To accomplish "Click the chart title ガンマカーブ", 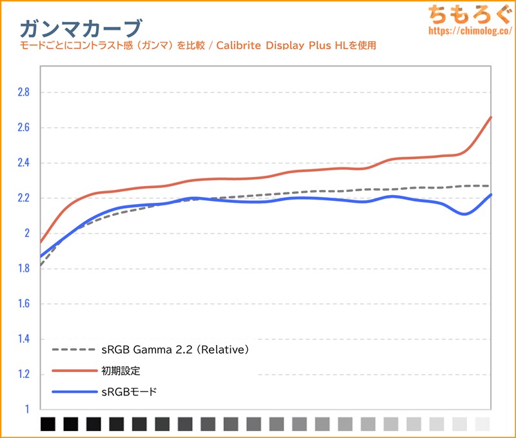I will [80, 28].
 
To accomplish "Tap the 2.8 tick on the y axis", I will [23, 92].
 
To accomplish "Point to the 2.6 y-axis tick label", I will [23, 128].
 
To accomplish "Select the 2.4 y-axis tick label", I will [23, 163].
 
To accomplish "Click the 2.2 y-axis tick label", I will [23, 198].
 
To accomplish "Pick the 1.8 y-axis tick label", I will [23, 269].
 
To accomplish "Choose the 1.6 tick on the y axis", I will [23, 304].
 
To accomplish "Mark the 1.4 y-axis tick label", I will [23, 339].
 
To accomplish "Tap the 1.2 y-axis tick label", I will [23, 374].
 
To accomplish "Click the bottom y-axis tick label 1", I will [27, 410].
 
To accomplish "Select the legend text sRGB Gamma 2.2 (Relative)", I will [175, 350].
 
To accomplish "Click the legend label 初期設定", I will [121, 371].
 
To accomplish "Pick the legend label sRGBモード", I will [129, 391].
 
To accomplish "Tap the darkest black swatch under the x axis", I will [48, 424].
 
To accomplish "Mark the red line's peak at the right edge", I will [491, 118].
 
